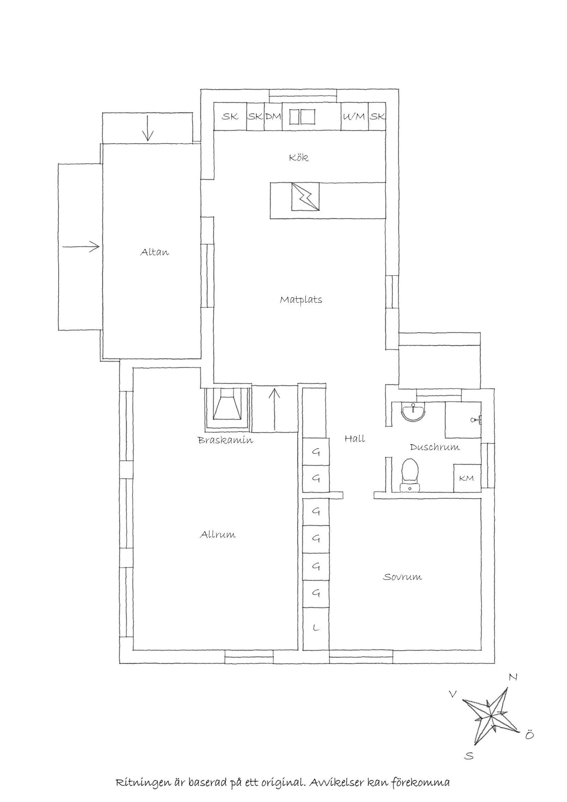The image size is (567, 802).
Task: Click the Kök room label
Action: tap(299, 158)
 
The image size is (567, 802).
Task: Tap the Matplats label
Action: tap(301, 300)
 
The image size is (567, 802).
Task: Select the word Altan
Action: tap(155, 252)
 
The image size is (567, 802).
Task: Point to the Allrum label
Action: tap(218, 535)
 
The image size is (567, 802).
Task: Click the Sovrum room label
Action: tap(402, 577)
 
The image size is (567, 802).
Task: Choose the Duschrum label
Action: tap(435, 447)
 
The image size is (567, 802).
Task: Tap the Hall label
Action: tap(355, 439)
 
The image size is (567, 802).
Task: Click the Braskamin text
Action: tap(225, 440)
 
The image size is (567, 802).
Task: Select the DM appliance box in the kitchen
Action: tap(273, 117)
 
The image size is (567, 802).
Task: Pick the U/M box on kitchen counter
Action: tap(354, 117)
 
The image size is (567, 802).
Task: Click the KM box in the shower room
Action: tap(467, 478)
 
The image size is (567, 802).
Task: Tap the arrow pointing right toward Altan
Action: tap(81, 246)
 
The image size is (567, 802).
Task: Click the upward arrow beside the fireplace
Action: tap(275, 409)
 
